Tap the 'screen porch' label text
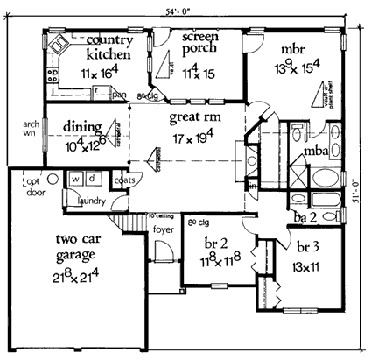[199, 43]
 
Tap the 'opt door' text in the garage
[34, 186]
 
